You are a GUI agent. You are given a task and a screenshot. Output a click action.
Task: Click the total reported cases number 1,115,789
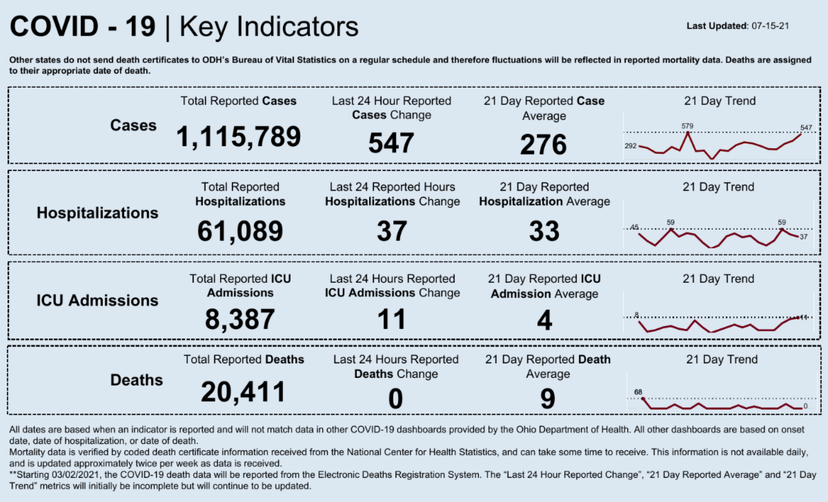239,137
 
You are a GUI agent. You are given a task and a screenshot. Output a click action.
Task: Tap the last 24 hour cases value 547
391,143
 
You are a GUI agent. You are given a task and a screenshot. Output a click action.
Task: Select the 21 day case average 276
544,145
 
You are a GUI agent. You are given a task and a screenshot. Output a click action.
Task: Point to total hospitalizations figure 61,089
240,230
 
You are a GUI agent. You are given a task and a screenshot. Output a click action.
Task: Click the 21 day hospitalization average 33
544,231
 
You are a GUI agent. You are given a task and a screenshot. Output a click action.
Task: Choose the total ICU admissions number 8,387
240,319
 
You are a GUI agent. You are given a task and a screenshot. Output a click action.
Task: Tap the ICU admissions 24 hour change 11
391,319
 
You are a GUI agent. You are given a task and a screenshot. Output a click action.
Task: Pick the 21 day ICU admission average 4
544,320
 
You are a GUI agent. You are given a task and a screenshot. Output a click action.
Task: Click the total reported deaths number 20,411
243,392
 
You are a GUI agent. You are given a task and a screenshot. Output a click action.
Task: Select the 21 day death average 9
544,398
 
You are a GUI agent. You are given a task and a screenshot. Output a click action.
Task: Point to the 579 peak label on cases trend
687,126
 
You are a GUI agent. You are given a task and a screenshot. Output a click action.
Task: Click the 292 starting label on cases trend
631,146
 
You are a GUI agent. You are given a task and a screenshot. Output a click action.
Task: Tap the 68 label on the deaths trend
638,392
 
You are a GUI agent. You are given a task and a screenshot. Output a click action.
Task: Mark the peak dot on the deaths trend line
643,399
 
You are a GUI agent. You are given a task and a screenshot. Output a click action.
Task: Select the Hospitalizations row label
97,213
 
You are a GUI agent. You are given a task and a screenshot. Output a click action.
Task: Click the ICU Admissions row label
97,301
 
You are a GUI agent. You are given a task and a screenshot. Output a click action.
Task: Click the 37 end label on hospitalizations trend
803,237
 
